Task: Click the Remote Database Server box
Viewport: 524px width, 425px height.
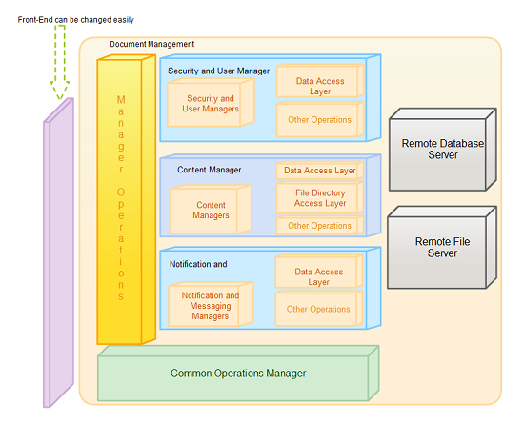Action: (443, 150)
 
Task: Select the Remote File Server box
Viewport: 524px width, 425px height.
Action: (442, 247)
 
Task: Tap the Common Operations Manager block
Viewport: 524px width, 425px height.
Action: (238, 374)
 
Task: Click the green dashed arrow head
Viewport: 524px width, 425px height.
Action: (60, 90)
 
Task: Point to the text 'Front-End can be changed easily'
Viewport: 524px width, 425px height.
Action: (76, 20)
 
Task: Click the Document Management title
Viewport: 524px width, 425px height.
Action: (151, 44)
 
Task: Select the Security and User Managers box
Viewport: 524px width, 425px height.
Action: (211, 103)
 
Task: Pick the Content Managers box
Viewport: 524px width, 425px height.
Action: (211, 210)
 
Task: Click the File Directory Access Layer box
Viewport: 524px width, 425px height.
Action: (320, 198)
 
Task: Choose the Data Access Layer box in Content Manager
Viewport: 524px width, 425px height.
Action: (320, 171)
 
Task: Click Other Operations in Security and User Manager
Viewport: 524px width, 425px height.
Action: (320, 120)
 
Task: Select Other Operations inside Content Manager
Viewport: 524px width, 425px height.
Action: (320, 226)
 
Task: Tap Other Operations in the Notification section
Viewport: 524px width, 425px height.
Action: (319, 309)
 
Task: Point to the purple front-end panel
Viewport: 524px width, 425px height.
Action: (58, 253)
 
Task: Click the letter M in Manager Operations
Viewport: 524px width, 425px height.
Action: (121, 99)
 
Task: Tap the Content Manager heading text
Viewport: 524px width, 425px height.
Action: (210, 170)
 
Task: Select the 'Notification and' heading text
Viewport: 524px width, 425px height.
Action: (198, 264)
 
